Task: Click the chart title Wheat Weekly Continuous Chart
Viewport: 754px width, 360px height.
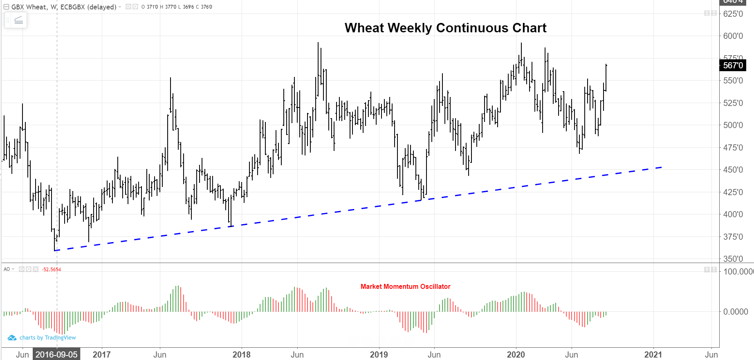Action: tap(445, 28)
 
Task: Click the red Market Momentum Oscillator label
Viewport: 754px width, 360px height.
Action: tap(405, 286)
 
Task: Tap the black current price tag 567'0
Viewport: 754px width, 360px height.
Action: tap(733, 65)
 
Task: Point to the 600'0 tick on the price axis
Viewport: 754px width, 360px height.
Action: tap(733, 36)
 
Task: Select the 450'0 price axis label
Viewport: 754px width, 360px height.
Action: tap(733, 170)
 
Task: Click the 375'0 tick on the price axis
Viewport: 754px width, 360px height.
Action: tap(733, 237)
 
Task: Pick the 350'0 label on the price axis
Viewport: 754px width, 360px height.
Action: tap(733, 259)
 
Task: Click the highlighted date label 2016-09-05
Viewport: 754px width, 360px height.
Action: tap(56, 354)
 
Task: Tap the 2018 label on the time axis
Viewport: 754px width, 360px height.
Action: tap(241, 354)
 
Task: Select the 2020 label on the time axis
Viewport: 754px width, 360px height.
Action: tap(516, 354)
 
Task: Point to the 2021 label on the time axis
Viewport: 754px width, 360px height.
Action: tap(653, 354)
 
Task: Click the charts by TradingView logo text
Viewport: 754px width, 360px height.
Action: tap(47, 337)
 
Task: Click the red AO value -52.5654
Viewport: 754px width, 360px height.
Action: tap(52, 270)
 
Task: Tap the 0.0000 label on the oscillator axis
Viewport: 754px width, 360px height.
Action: tap(736, 312)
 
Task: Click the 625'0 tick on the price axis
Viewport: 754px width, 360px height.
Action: tap(733, 14)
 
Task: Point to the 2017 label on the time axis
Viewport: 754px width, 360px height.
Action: tap(101, 354)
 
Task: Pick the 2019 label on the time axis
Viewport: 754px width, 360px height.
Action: tap(379, 354)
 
